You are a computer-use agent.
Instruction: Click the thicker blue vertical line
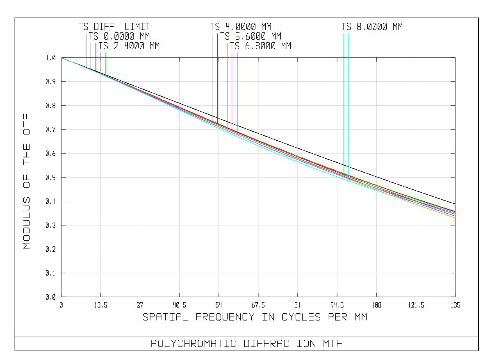(x=96, y=57)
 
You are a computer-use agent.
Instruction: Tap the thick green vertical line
(x=106, y=64)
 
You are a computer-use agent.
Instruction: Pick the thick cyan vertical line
(x=344, y=103)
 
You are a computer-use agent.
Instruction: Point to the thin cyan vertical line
(x=348, y=103)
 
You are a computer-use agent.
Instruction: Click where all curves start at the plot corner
(x=61, y=58)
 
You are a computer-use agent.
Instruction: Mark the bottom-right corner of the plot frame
(x=455, y=296)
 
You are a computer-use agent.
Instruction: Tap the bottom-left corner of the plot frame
(x=61, y=296)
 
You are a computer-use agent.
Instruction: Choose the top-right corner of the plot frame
(x=455, y=58)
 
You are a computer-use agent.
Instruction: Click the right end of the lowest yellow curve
(x=455, y=217)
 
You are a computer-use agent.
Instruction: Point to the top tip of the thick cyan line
(x=344, y=34)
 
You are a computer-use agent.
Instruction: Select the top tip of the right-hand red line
(x=217, y=34)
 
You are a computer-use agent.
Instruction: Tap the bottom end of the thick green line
(x=106, y=75)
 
